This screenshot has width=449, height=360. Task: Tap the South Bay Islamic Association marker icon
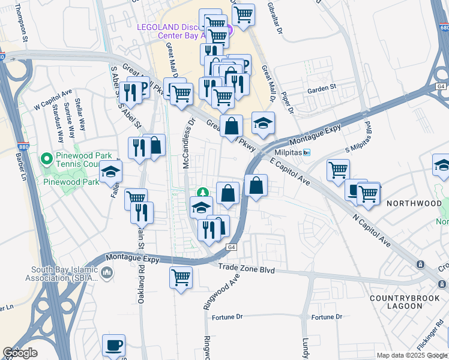point(107,274)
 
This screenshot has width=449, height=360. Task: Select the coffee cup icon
point(113,346)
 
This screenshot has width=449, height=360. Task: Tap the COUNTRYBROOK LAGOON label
point(396,302)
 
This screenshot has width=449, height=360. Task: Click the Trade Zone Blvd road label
point(246,270)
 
